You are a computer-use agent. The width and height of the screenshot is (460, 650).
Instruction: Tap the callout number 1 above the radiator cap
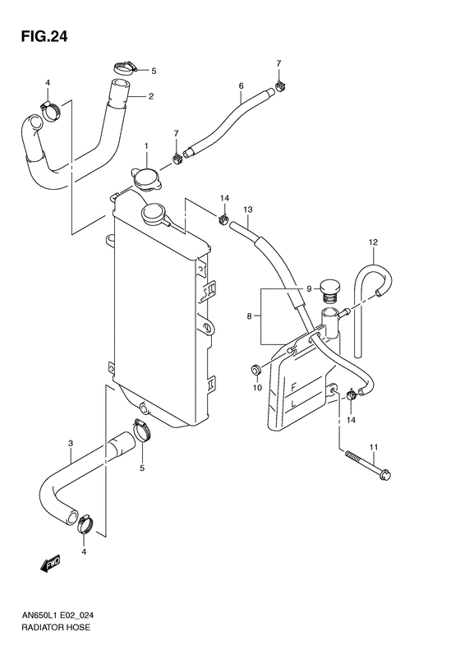point(146,146)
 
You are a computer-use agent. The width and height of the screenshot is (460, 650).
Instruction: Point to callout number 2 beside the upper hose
point(151,96)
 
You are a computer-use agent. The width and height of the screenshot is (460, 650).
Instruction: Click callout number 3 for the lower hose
point(71,445)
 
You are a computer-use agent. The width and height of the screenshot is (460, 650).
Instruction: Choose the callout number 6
point(241,85)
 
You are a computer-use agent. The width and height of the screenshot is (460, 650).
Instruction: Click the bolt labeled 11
point(370,467)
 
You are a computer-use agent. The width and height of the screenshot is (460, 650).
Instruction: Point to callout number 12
point(372,242)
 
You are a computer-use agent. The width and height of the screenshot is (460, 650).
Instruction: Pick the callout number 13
point(246,209)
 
